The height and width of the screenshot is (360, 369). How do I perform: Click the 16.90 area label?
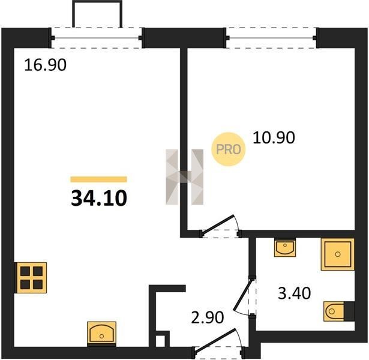pos(45,65)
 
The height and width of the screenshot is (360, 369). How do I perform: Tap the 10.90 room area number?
pos(274,137)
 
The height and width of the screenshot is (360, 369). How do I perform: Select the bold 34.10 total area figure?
pos(99,198)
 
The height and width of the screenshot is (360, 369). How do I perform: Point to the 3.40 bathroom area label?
pos(295,293)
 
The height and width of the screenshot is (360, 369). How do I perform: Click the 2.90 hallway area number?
pos(208,317)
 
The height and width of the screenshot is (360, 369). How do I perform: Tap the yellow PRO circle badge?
pos(228,149)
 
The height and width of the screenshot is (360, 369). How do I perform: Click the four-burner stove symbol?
pos(31,278)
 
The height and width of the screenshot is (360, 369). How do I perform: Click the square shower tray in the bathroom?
pos(338,254)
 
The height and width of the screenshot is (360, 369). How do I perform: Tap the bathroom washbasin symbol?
pos(285,248)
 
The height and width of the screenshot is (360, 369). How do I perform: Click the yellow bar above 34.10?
pos(98,179)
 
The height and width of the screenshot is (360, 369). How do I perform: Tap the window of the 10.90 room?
pos(271,38)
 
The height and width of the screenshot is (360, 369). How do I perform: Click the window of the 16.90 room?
pos(97,38)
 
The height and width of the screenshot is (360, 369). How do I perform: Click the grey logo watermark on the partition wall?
pos(185,177)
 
